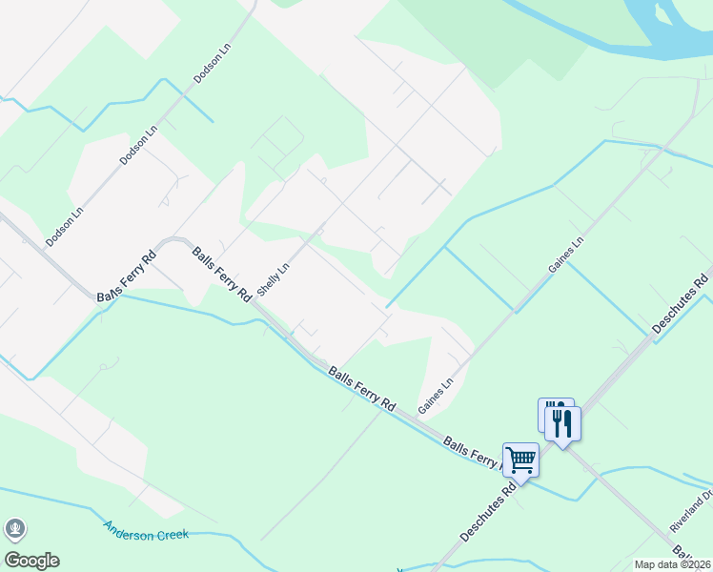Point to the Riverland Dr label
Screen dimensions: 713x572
[692, 510]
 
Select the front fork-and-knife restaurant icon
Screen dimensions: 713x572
[563, 422]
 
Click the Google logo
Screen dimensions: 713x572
[31, 561]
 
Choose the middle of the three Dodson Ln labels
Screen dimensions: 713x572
[139, 145]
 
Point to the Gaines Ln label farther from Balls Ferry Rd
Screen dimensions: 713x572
[564, 255]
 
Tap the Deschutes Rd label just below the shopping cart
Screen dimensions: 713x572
[488, 512]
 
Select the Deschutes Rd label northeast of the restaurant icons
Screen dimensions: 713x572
[682, 304]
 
